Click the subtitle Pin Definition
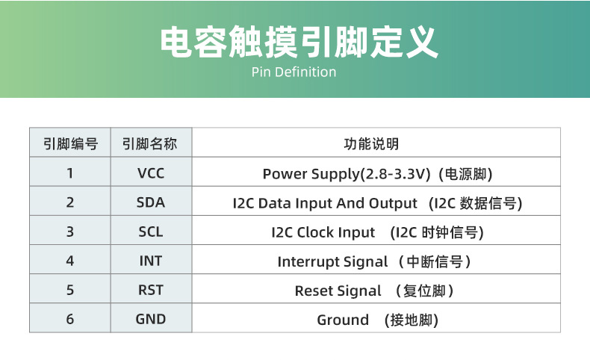[x=294, y=72]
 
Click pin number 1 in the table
[x=70, y=174]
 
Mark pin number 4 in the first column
[x=70, y=261]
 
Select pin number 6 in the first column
[x=70, y=320]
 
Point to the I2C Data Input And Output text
[x=325, y=203]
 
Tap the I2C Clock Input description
[x=323, y=232]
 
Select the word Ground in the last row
[x=343, y=320]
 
